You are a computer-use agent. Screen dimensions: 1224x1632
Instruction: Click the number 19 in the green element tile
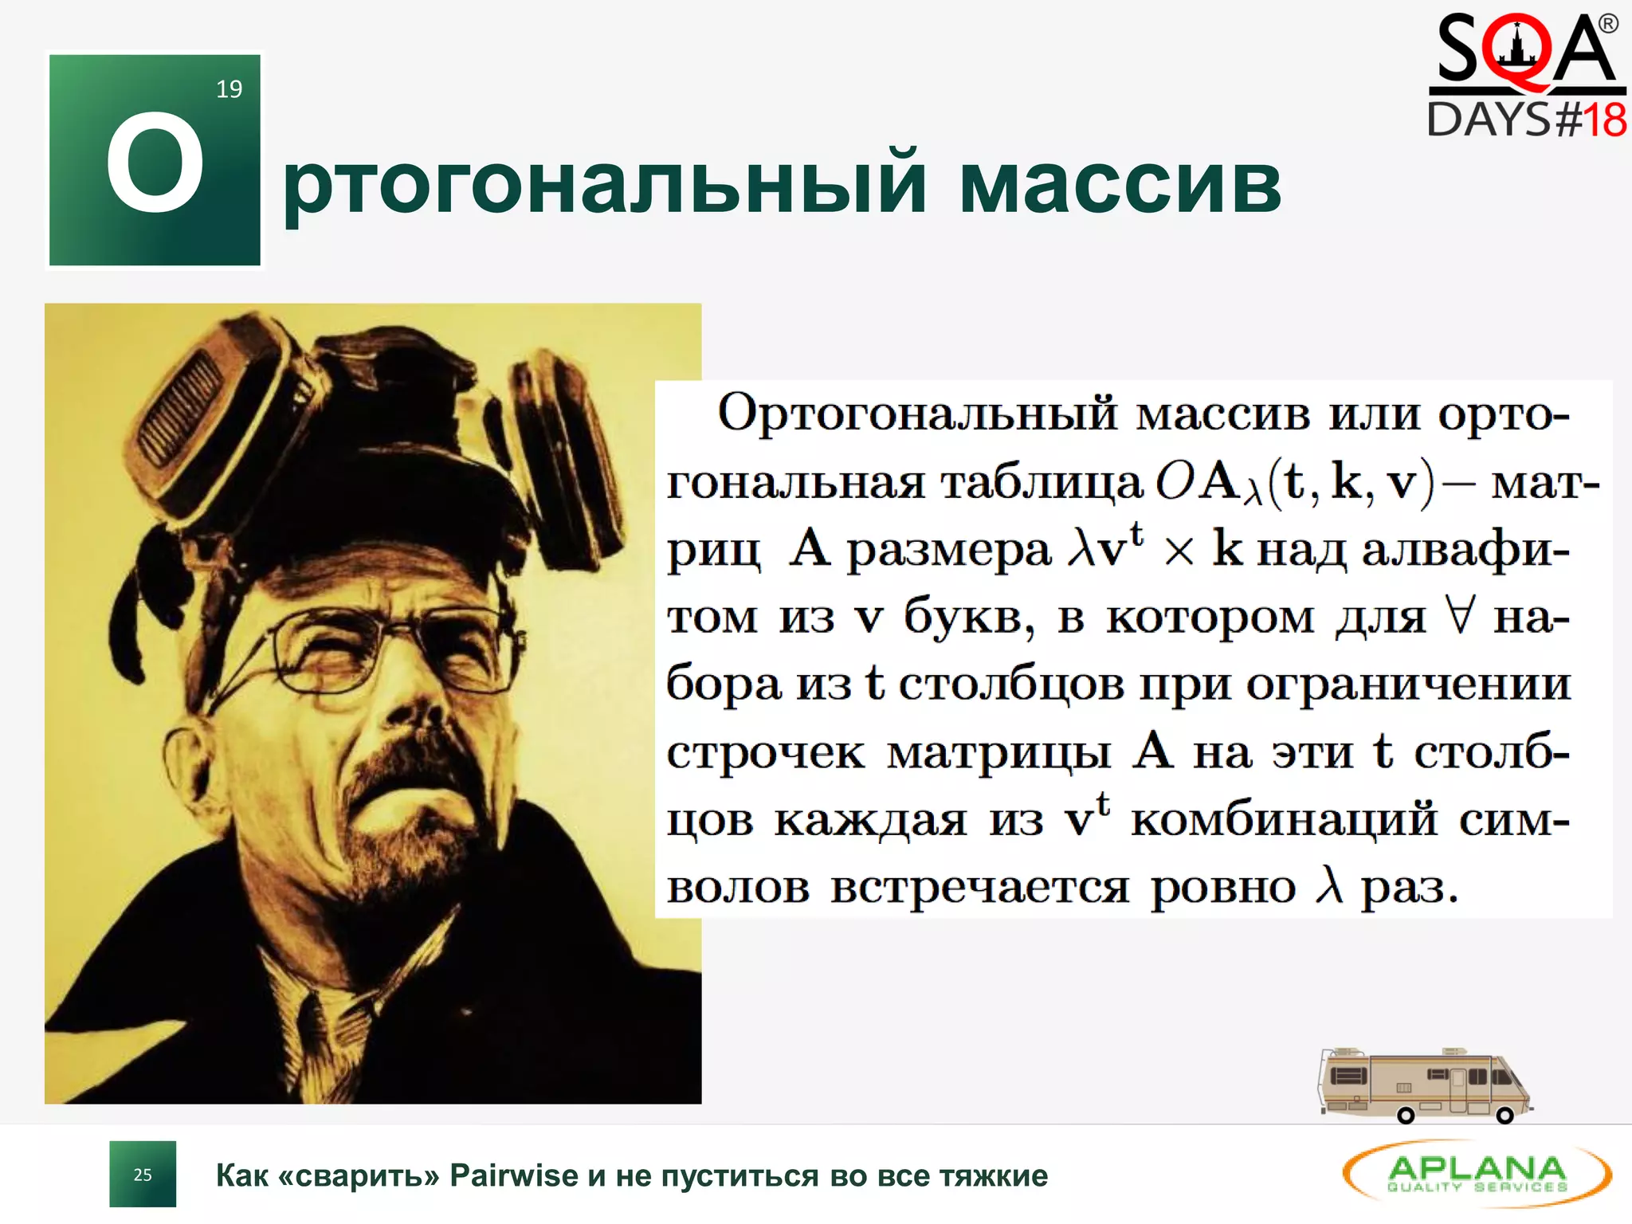(229, 89)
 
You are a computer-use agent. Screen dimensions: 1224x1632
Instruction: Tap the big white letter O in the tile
(155, 163)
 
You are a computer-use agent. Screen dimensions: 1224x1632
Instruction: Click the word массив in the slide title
(1120, 185)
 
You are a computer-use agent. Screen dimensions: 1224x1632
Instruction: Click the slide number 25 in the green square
(143, 1175)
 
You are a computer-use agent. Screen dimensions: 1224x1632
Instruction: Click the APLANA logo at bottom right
(1477, 1174)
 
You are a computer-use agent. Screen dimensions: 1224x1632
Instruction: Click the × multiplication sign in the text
(1179, 551)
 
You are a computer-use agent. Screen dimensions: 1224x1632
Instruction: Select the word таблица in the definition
(1042, 483)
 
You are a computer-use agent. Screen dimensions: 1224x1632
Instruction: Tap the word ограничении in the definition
(1408, 685)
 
